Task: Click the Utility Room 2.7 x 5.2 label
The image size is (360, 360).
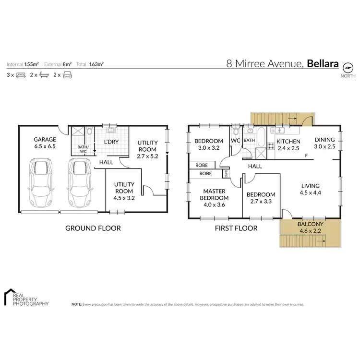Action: pos(147,149)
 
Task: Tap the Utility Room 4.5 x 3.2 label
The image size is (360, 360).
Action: pos(123,188)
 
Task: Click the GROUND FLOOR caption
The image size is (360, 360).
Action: pos(93,228)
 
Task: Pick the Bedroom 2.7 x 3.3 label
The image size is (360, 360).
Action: pos(261,198)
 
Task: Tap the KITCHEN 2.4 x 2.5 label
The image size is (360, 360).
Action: pos(288,145)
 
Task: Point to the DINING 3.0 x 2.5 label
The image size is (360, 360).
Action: pos(324,143)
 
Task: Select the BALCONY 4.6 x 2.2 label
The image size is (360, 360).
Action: pos(310,227)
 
